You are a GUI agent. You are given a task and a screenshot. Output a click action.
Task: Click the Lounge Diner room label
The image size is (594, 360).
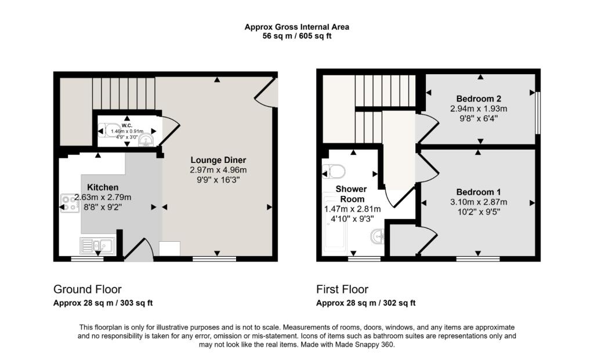218,160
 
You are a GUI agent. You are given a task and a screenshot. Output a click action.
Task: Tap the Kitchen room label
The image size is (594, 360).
103,187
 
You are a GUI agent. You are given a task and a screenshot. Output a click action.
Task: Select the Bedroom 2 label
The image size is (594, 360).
479,99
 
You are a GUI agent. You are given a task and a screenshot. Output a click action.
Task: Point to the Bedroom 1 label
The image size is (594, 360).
479,192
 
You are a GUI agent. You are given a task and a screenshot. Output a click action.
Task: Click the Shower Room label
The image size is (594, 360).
351,194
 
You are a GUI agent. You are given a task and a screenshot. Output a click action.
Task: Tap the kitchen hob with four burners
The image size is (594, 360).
70,203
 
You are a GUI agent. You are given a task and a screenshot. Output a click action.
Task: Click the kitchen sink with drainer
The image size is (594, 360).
97,246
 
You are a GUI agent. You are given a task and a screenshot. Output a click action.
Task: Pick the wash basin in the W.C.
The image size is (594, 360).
146,140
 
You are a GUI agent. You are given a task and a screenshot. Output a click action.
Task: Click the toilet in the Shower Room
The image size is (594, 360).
335,171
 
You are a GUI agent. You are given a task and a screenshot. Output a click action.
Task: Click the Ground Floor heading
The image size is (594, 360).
88,289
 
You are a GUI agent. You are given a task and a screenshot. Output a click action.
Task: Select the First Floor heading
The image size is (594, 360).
342,289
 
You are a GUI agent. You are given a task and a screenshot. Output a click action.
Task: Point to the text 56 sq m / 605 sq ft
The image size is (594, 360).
297,37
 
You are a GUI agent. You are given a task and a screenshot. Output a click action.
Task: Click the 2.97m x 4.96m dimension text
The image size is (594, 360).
218,170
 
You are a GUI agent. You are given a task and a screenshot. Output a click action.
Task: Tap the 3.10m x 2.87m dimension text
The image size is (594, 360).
479,202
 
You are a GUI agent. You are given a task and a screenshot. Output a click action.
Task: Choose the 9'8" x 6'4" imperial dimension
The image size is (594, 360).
479,118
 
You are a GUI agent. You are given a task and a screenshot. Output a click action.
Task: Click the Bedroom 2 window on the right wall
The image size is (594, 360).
538,112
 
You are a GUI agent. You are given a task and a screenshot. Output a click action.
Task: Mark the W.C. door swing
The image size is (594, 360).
169,132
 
